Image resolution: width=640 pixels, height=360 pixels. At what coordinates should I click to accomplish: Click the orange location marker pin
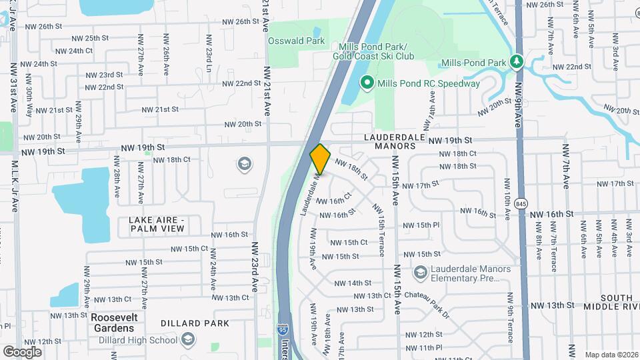point(321,159)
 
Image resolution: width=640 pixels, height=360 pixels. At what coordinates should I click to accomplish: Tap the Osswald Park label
point(296,41)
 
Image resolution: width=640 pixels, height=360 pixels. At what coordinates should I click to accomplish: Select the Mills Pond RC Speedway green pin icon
point(366,83)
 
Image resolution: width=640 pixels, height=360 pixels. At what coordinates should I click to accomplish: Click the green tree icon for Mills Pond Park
point(516,62)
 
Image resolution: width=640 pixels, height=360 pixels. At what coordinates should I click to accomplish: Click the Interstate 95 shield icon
point(283,330)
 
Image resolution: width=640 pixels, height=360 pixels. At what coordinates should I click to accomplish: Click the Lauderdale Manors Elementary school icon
point(420,272)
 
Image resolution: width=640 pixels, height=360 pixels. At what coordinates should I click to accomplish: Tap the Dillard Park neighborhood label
point(195,323)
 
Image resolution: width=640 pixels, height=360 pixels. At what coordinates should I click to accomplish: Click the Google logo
point(23,351)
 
